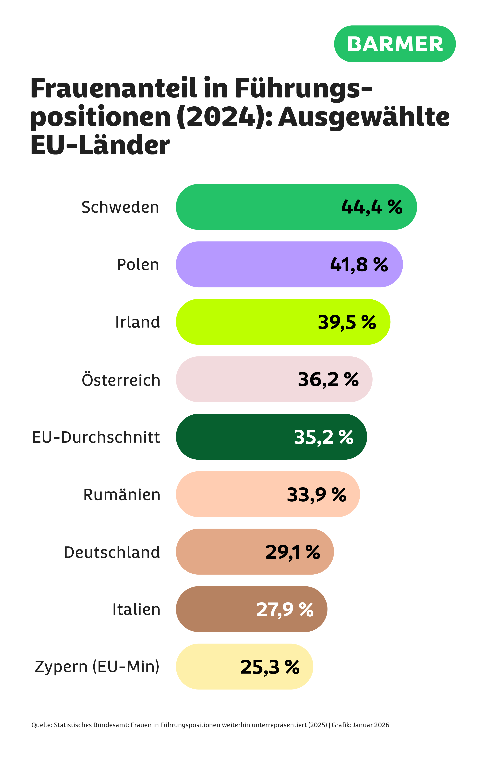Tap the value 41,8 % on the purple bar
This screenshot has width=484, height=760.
pos(359,264)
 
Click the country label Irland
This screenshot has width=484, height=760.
pos(137,322)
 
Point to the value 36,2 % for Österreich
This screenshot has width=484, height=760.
pos(328,379)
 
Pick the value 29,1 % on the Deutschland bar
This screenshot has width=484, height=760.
pos(292,552)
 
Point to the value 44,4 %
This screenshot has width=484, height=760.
pos(372,207)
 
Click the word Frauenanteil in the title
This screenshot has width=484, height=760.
pos(114,89)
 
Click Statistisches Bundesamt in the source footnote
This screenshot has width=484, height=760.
pos(92,725)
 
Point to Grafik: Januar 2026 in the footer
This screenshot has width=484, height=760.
pos(360,725)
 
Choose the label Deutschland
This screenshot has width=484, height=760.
pos(111,552)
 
